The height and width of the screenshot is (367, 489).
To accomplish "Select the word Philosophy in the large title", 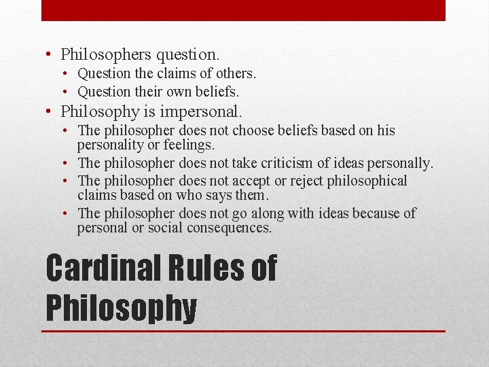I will (x=121, y=307).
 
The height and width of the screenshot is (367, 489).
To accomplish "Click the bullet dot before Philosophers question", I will (x=52, y=54).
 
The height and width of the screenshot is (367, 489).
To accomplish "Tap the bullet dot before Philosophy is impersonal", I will (x=52, y=111).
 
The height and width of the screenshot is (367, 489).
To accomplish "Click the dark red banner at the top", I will (x=243, y=10).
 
